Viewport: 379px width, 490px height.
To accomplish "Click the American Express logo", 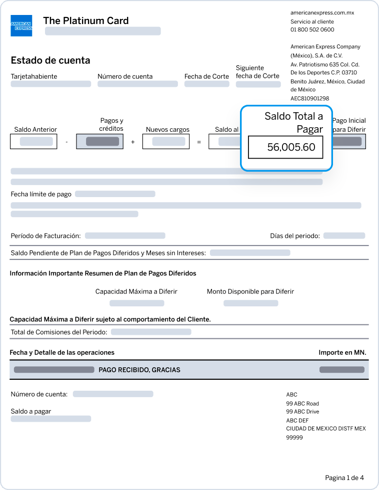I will click(21, 25).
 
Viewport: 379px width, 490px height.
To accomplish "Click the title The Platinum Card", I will click(85, 20).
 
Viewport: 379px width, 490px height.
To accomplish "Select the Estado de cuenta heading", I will click(50, 60).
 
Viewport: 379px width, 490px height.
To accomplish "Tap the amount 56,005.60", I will click(291, 148).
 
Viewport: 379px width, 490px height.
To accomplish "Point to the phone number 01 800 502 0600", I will click(312, 30).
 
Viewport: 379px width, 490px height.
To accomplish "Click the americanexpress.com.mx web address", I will click(322, 13).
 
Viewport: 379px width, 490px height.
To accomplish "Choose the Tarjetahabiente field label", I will click(34, 76).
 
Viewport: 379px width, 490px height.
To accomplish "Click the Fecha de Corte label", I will click(206, 76).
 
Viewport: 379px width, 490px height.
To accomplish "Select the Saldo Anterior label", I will click(35, 130).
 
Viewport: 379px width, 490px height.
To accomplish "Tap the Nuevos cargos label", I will click(167, 130).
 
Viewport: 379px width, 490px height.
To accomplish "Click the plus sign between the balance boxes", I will click(133, 142).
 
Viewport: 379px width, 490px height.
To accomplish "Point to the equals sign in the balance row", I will click(198, 142).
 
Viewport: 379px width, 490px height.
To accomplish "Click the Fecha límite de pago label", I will click(41, 194).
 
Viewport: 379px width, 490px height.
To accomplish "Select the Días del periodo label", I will click(294, 236).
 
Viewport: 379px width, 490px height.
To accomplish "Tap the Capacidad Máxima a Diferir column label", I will click(136, 291).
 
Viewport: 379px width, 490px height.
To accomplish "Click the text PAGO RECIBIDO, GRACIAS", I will click(139, 370).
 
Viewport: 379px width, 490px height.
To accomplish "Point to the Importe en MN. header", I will click(342, 352).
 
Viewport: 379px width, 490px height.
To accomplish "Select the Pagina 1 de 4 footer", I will click(344, 478).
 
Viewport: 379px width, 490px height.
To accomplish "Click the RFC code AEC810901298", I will click(309, 99).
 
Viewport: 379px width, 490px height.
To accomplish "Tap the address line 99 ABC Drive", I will click(302, 412).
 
